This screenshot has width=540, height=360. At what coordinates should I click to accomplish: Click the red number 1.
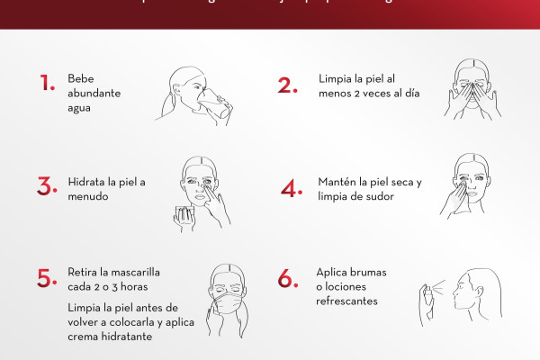point(48,84)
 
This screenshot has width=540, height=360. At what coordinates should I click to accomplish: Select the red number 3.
point(47,186)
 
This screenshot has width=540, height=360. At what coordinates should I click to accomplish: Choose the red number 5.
point(47,278)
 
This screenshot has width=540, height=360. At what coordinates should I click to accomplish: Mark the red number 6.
point(288,280)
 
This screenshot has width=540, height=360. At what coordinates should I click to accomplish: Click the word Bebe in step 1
point(80,78)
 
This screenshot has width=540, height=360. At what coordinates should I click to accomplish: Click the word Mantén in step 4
point(337,183)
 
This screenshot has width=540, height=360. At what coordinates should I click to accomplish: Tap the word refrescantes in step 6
point(346,301)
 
